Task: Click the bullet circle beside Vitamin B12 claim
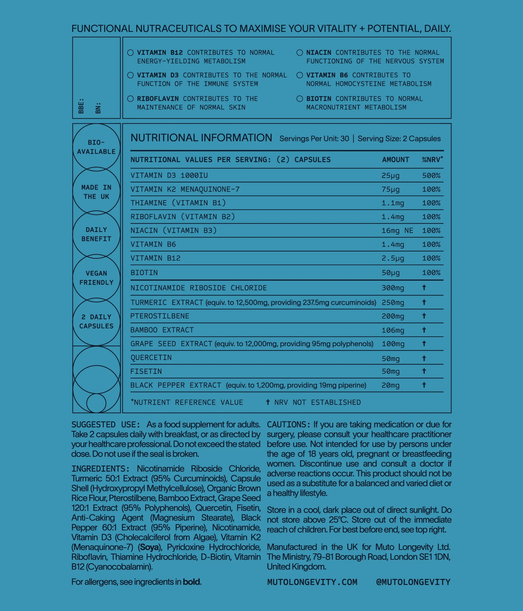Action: pyautogui.click(x=130, y=53)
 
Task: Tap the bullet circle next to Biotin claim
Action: pyautogui.click(x=300, y=99)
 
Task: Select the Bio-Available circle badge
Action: pyautogui.click(x=96, y=147)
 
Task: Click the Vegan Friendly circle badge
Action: pyautogui.click(x=96, y=278)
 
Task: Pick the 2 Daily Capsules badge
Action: pyautogui.click(x=96, y=321)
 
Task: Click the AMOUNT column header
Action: pyautogui.click(x=395, y=160)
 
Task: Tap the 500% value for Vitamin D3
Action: pyautogui.click(x=431, y=176)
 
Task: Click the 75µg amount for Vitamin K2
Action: pyautogui.click(x=390, y=189)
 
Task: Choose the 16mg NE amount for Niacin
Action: pyautogui.click(x=397, y=231)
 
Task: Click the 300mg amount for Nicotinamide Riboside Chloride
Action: pyautogui.click(x=393, y=288)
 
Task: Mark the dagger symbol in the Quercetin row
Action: pyautogui.click(x=424, y=358)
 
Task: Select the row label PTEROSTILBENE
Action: pyautogui.click(x=160, y=316)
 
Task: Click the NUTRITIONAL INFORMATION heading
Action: pyautogui.click(x=201, y=138)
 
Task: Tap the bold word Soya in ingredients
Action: pyautogui.click(x=149, y=547)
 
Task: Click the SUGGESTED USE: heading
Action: pyautogui.click(x=106, y=425)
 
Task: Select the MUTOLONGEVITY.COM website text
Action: pyautogui.click(x=312, y=582)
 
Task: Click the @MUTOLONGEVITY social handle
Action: pyautogui.click(x=413, y=582)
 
